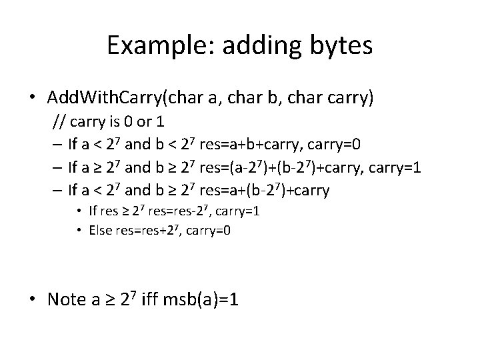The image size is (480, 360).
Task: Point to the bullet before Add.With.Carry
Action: (x=31, y=99)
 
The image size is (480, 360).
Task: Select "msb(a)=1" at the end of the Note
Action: (x=207, y=299)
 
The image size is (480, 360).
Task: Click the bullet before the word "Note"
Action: (x=31, y=300)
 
